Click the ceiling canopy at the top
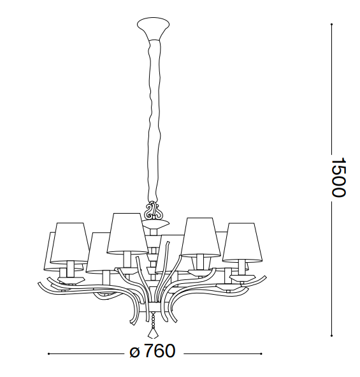click(x=153, y=27)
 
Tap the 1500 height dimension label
click(x=338, y=177)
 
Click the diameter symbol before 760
click(x=134, y=353)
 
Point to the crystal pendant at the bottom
click(x=153, y=332)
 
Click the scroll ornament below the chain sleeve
click(x=153, y=210)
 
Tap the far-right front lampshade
click(x=242, y=242)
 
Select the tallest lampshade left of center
click(x=127, y=233)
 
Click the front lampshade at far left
click(x=70, y=243)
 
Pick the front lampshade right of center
click(x=201, y=237)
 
